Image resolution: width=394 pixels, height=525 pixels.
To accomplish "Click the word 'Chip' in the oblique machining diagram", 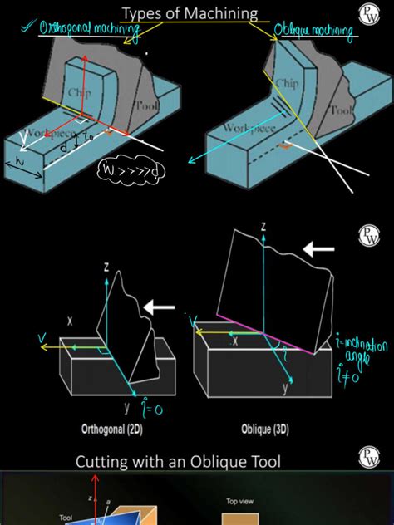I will click(x=286, y=84).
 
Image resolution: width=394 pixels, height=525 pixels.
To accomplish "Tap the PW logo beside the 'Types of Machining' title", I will click(x=367, y=13).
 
